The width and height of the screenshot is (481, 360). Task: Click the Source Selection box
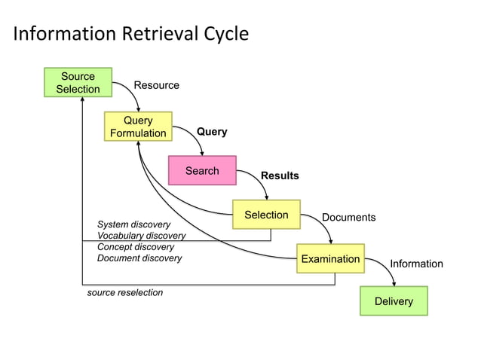[x=78, y=83]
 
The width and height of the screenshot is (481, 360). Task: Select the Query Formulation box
[x=138, y=127]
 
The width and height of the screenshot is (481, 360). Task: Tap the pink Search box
[x=202, y=171]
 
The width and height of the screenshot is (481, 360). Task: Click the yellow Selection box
[x=266, y=215]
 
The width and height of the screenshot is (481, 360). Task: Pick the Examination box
[x=330, y=259]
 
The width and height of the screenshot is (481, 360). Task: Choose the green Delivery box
[x=394, y=301]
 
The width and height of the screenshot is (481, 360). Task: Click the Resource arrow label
[x=156, y=85]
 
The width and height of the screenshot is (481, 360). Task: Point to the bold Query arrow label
[x=212, y=132]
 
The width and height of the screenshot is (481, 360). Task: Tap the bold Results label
[x=280, y=175]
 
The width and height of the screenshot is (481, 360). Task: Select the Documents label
[x=348, y=218]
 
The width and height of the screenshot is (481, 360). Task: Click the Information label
[x=416, y=264]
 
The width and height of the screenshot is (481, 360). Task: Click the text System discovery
[x=133, y=224]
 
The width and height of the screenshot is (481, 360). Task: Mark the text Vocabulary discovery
[x=141, y=236]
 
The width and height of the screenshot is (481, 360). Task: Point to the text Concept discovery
[x=135, y=247]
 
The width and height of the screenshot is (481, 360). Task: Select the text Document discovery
[x=139, y=258]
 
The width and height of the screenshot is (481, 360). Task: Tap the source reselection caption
[x=125, y=292]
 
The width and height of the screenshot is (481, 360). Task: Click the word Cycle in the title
[x=227, y=34]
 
